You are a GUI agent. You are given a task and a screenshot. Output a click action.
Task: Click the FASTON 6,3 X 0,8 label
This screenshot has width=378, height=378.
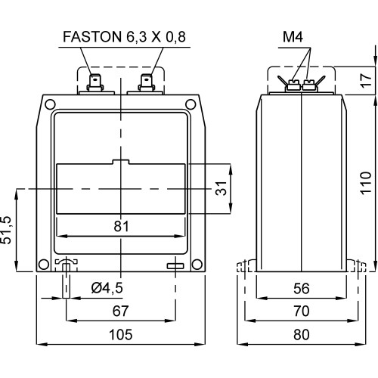coord(124,37)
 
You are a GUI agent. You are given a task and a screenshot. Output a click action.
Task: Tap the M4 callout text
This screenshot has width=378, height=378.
coord(293,37)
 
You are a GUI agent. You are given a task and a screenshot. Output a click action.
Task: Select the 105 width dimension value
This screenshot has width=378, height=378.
coord(120,335)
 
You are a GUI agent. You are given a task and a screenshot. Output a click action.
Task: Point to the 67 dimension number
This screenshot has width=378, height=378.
coord(120,311)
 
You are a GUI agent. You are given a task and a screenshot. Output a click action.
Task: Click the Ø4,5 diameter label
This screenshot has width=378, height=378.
coord(107,288)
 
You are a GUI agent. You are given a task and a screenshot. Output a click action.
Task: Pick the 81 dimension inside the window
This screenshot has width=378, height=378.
coord(121,226)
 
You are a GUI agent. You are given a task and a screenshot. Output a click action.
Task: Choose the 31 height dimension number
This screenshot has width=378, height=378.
coord(222,188)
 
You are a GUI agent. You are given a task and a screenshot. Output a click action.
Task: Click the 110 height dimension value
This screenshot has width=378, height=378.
coord(366,183)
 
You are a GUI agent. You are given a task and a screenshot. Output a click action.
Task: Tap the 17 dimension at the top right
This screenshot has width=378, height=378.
coord(366,81)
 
